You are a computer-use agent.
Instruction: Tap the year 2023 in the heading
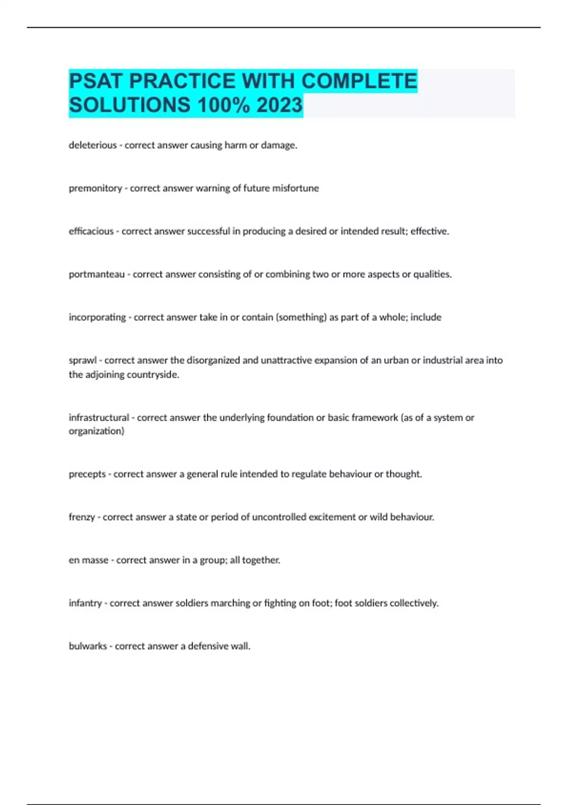[x=279, y=105]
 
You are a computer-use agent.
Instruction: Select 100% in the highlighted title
[x=223, y=105]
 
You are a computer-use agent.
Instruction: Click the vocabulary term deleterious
[x=93, y=145]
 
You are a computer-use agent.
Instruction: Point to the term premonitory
[x=95, y=188]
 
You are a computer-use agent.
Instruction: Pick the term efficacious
[x=91, y=232]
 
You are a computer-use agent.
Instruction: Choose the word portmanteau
[x=97, y=275]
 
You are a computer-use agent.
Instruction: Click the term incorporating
[x=97, y=317]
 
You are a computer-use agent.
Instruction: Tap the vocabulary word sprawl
[x=82, y=360]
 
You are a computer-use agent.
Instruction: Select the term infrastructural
[x=98, y=418]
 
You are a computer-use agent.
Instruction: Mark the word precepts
[x=87, y=474]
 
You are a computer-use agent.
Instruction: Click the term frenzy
[x=82, y=517]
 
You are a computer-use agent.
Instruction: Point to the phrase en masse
[x=89, y=560]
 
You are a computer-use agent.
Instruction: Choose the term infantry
[x=85, y=603]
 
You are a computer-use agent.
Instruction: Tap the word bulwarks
[x=88, y=646]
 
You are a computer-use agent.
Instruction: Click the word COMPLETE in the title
[x=359, y=81]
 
